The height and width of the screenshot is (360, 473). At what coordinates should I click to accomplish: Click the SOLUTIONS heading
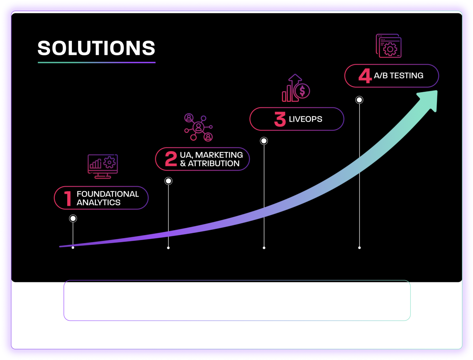click(96, 48)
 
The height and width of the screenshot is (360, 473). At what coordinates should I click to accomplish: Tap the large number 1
click(68, 198)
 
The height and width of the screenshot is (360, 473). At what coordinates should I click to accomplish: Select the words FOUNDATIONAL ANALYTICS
click(107, 198)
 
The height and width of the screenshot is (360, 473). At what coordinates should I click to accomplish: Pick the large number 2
click(171, 159)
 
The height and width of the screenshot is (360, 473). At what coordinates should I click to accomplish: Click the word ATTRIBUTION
click(213, 163)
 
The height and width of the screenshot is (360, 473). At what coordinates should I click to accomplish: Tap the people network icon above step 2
click(199, 127)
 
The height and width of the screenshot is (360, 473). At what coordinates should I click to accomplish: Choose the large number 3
click(280, 119)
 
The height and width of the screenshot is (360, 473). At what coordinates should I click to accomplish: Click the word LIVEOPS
click(305, 119)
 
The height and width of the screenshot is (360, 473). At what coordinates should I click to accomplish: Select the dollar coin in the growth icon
click(302, 91)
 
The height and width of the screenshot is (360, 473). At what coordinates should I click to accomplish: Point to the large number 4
click(365, 76)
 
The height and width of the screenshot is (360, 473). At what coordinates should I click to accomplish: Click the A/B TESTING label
click(398, 76)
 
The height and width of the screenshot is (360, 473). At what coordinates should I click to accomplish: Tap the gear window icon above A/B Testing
click(389, 46)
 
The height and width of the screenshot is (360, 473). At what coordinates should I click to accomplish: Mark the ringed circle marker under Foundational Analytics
click(73, 218)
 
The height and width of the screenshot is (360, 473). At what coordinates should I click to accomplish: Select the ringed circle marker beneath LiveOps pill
click(264, 141)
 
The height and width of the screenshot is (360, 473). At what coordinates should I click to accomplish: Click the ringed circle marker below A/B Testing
click(359, 100)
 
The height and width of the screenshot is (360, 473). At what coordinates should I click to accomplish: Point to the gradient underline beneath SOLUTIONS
click(96, 62)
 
